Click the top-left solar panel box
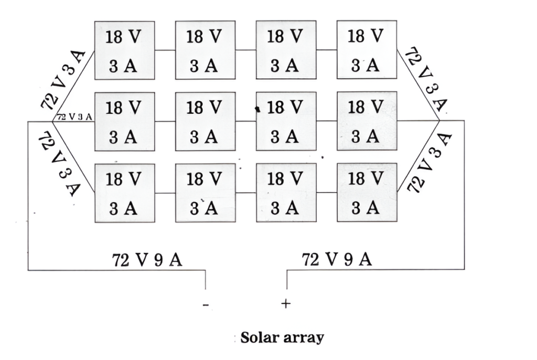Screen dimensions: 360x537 (x=124, y=50)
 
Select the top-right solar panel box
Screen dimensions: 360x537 (x=367, y=50)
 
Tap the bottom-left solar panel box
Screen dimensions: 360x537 (x=124, y=193)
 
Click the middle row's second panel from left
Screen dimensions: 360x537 (x=205, y=121)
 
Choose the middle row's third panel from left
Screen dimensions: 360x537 (x=286, y=121)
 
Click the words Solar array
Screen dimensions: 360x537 (x=282, y=337)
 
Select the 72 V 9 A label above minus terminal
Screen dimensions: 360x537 (x=147, y=260)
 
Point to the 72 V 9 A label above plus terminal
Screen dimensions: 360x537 (x=337, y=259)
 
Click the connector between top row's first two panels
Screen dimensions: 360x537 (x=165, y=50)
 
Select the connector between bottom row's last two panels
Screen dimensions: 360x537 (x=326, y=193)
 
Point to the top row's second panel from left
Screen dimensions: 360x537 (x=205, y=50)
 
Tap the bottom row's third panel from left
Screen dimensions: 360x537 (x=286, y=193)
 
